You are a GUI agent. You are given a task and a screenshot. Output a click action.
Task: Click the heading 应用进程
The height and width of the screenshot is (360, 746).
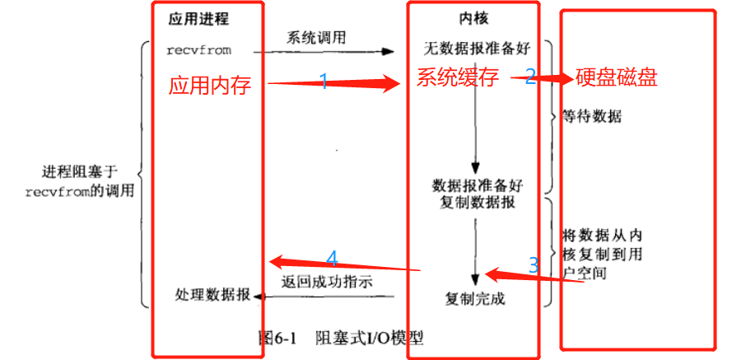[x=198, y=17]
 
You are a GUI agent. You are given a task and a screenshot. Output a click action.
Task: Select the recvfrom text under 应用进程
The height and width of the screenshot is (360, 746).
[x=198, y=50]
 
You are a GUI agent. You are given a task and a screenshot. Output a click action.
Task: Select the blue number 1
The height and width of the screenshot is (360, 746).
[x=324, y=81]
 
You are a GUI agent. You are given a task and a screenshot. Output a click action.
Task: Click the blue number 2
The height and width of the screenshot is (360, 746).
[x=530, y=77]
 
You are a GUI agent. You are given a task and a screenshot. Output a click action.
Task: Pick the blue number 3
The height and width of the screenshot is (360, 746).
[x=534, y=265]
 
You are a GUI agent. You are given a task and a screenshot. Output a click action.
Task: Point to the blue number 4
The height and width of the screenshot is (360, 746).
[x=332, y=259]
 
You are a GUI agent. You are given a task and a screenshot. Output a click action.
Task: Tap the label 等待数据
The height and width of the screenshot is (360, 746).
[x=591, y=117]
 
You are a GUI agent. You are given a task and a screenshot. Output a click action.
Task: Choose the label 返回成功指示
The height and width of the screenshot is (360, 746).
[x=327, y=282]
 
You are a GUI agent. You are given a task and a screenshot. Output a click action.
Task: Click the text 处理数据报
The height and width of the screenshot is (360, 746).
[x=212, y=295]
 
